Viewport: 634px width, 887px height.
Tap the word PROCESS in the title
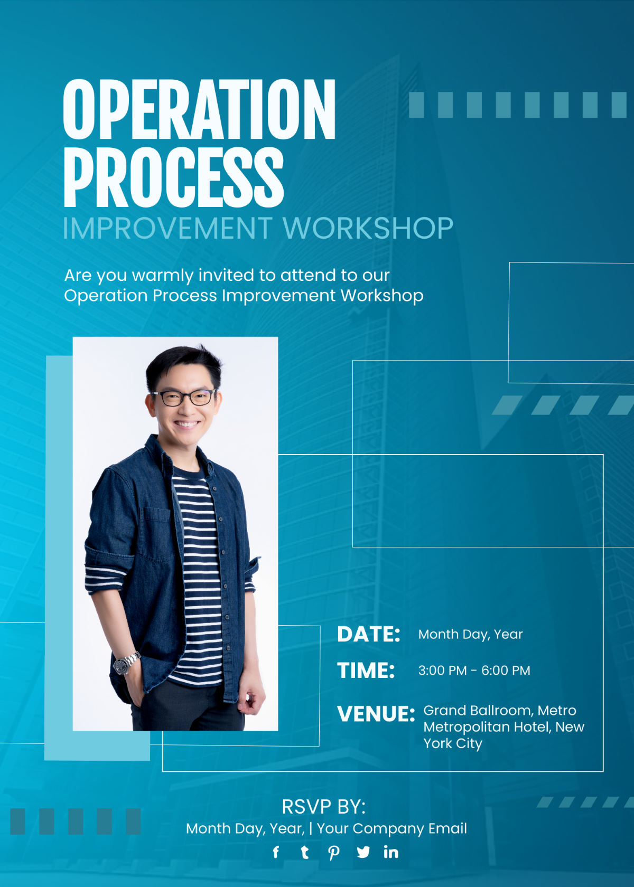click(173, 177)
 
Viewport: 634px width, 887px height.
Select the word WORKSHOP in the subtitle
click(368, 228)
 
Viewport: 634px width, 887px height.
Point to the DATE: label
click(369, 634)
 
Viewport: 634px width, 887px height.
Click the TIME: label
click(366, 671)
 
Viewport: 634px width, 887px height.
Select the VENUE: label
click(376, 714)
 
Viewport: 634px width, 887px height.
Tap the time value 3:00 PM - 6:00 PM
click(474, 671)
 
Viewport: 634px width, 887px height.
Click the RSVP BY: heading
click(323, 807)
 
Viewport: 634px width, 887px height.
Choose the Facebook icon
click(276, 852)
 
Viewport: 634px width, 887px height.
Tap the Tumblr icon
click(304, 852)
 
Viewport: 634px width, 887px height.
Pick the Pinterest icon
click(333, 853)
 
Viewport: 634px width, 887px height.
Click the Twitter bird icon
click(363, 852)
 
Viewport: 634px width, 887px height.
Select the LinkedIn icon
click(391, 852)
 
